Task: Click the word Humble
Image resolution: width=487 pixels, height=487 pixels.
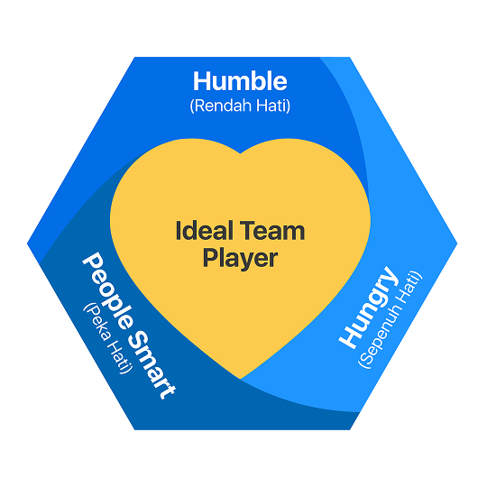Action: (240, 81)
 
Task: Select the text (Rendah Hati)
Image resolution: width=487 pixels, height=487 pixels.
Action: (240, 106)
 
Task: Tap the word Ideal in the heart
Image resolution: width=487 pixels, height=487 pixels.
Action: (205, 231)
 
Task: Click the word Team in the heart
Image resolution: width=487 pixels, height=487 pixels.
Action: (272, 231)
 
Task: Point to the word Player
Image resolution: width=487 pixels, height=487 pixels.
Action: (240, 258)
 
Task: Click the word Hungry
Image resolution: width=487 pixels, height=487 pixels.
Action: (368, 308)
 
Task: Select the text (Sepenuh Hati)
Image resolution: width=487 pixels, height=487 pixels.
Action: (391, 320)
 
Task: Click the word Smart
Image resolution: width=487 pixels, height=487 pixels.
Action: (152, 364)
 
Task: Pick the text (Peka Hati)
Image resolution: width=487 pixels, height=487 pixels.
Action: (107, 338)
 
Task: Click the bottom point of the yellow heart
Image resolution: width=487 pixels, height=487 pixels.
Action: (241, 379)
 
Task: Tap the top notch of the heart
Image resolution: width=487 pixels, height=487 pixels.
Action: (241, 153)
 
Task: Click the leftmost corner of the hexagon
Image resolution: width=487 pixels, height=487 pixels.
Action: (27, 243)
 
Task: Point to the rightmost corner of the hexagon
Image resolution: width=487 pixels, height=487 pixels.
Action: (457, 243)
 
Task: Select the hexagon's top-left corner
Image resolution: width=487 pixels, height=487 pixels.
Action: (134, 57)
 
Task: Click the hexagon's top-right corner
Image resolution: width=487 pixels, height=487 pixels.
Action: (350, 57)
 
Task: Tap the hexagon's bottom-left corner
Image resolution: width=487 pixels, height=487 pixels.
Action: (134, 430)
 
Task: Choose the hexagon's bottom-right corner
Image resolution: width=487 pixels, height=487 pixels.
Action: (350, 430)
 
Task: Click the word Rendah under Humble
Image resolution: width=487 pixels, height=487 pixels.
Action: (223, 106)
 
